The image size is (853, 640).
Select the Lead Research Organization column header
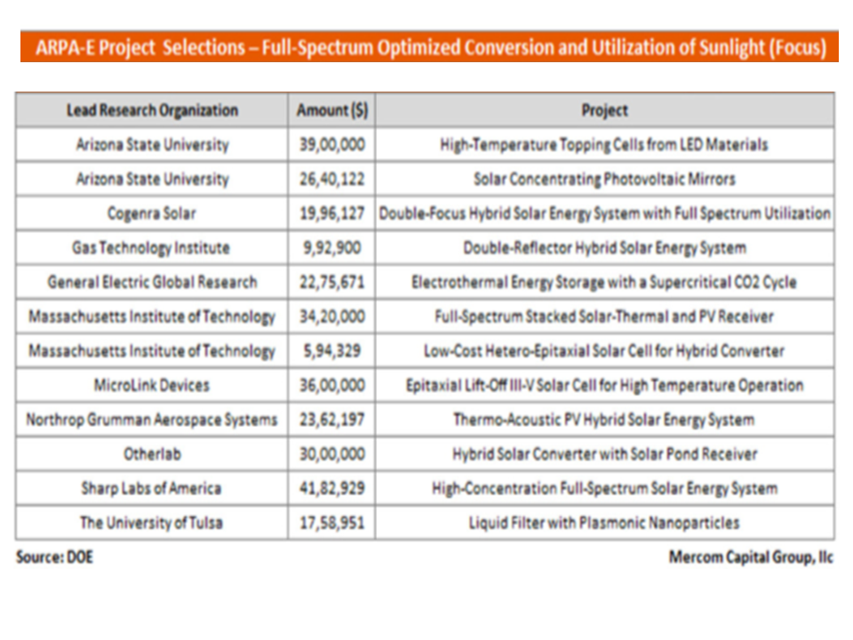(x=152, y=111)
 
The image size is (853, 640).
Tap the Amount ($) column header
(x=331, y=111)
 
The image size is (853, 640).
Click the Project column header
(x=604, y=111)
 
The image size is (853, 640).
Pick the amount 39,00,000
(x=331, y=145)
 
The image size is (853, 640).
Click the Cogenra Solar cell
(x=152, y=214)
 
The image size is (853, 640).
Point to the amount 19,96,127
(x=331, y=214)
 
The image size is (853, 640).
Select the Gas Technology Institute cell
(x=152, y=248)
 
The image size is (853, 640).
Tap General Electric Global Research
(x=152, y=283)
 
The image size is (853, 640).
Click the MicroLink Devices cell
(x=152, y=386)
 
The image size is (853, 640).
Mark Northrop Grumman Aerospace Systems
(x=152, y=420)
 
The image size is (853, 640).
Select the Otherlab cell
(x=152, y=454)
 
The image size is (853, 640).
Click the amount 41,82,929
(x=331, y=488)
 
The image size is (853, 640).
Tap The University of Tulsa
(x=152, y=523)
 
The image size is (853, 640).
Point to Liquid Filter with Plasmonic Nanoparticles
(x=604, y=523)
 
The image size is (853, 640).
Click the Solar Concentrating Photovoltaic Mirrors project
(x=604, y=180)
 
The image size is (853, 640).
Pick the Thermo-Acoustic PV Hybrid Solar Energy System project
(x=604, y=420)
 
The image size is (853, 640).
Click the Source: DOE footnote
(x=54, y=557)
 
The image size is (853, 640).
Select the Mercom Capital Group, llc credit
(x=751, y=558)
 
